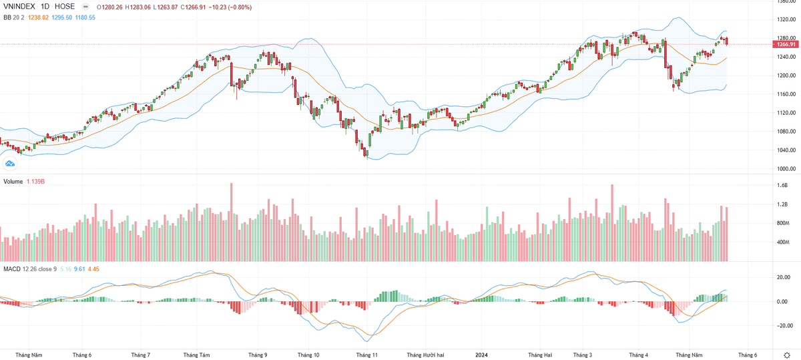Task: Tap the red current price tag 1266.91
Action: pos(784,44)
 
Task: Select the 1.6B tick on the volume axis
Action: pos(782,185)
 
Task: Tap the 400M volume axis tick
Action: pos(782,242)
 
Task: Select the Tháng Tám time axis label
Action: pos(196,355)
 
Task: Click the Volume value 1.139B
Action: pos(35,182)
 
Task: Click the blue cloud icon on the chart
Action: pos(10,163)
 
